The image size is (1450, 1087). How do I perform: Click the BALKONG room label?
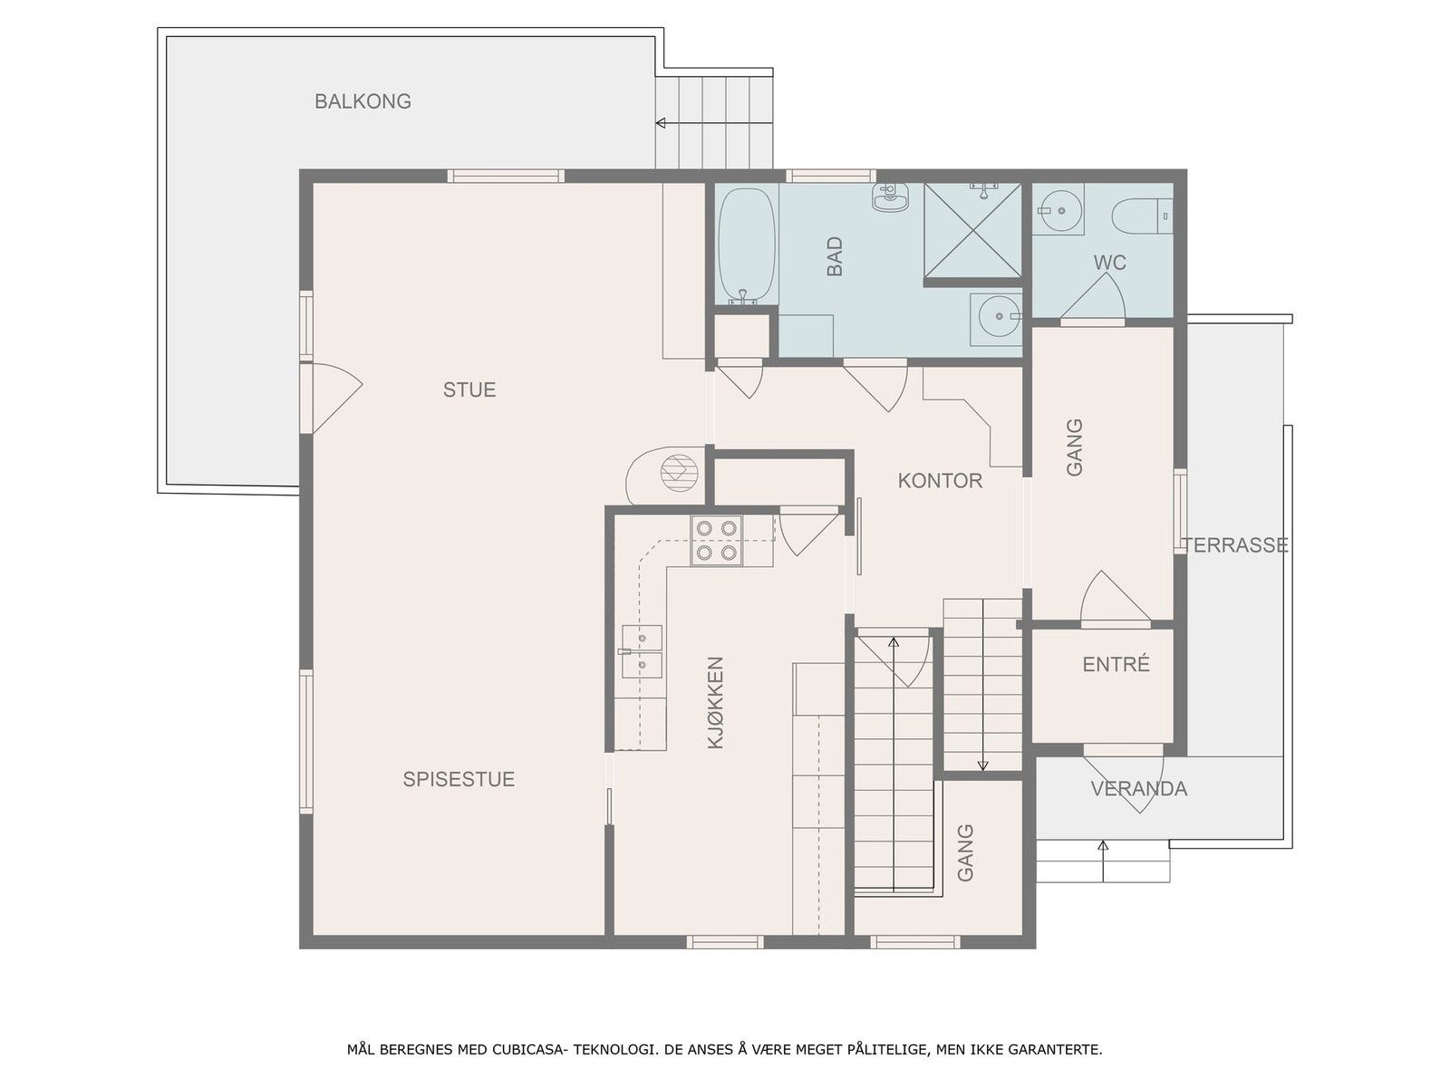(x=362, y=101)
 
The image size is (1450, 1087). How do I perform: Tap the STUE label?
(x=469, y=390)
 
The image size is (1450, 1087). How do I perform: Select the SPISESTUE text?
(x=459, y=779)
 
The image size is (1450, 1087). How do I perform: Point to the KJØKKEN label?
(x=715, y=702)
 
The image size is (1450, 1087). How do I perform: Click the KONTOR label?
(x=940, y=480)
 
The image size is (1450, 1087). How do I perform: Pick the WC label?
(x=1109, y=263)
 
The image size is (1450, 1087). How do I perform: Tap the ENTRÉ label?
(x=1116, y=664)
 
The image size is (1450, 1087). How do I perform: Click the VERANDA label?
(x=1138, y=789)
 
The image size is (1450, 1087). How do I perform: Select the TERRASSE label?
(x=1234, y=545)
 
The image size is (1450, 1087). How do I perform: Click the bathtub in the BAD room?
(x=746, y=246)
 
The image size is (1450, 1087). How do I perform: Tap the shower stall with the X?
(x=972, y=230)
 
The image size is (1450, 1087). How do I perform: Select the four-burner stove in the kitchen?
(x=717, y=541)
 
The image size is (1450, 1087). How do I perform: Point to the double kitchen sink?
(x=642, y=651)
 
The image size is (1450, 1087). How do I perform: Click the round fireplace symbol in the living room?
(x=679, y=473)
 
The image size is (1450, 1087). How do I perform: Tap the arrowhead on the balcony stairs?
(x=660, y=123)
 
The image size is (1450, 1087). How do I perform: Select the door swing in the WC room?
(x=1093, y=296)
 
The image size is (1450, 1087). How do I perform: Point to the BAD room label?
(x=835, y=256)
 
